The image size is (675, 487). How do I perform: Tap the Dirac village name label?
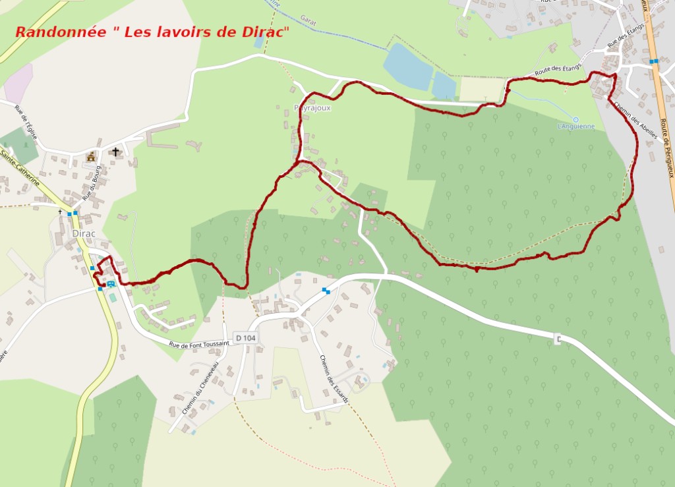click(84, 233)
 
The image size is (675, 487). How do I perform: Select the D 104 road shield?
click(245, 338)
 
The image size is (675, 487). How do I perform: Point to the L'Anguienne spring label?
click(575, 127)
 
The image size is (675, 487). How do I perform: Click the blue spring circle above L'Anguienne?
click(575, 119)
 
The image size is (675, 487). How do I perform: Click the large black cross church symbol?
click(115, 152)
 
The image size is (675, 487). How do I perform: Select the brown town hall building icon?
click(91, 157)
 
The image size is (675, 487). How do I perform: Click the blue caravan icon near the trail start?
click(111, 283)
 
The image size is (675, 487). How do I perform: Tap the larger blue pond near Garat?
click(408, 67)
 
